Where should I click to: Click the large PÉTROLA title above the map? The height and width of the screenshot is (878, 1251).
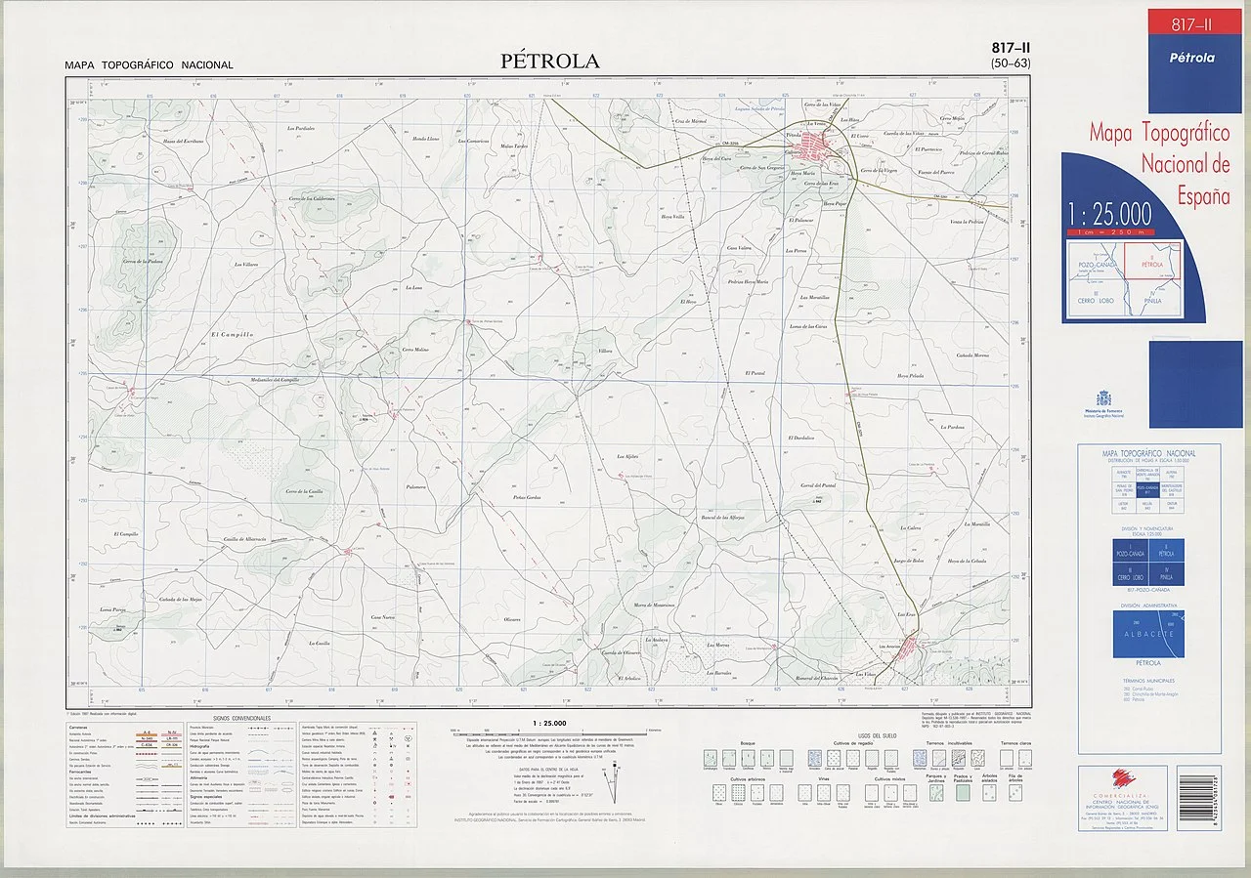pyautogui.click(x=550, y=61)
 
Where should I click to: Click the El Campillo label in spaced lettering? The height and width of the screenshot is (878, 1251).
pyautogui.click(x=232, y=335)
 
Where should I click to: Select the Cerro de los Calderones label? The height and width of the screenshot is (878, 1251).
pyautogui.click(x=312, y=199)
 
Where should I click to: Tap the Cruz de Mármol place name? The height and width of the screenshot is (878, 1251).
pyautogui.click(x=690, y=121)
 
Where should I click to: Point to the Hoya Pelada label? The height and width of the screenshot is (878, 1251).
pyautogui.click(x=910, y=376)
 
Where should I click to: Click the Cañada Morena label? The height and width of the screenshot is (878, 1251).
pyautogui.click(x=972, y=355)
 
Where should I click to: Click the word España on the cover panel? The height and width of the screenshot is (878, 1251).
pyautogui.click(x=1202, y=196)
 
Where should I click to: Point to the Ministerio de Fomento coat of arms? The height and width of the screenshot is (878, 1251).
pyautogui.click(x=1103, y=398)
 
